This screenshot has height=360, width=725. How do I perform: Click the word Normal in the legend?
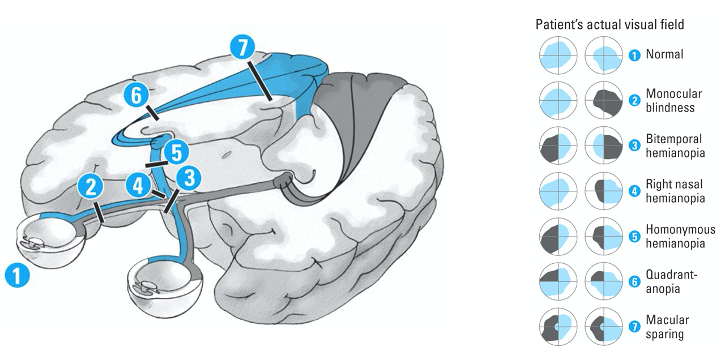point(664,55)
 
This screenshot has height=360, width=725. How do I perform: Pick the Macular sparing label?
point(667,327)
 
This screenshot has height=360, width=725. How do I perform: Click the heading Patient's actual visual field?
point(609,24)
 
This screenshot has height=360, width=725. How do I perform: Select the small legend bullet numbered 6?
point(635,282)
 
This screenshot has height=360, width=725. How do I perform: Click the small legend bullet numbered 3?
point(635,146)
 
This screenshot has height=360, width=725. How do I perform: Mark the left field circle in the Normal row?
point(558,55)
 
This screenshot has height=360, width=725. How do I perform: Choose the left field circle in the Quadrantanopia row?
point(558,282)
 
